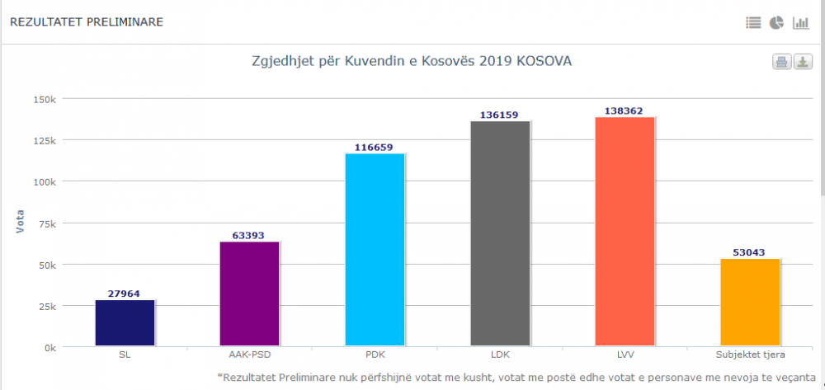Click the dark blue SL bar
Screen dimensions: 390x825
[125, 323]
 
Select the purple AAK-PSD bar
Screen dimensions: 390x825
[249, 294]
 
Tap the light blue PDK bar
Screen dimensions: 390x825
[375, 250]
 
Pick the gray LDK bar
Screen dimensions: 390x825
[500, 233]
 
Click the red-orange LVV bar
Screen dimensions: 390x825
[625, 232]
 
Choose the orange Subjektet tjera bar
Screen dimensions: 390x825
[750, 303]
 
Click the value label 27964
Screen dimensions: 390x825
[125, 294]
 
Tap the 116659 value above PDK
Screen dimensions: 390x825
[375, 148]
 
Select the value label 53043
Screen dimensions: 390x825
[750, 252]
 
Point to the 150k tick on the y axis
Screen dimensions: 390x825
[44, 99]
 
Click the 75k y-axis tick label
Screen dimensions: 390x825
[46, 223]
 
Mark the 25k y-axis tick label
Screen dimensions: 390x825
[46, 306]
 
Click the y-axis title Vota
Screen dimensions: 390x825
[21, 223]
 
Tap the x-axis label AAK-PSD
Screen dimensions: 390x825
[249, 355]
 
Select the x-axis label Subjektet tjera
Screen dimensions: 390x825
[750, 355]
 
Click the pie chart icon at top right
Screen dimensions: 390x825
[776, 23]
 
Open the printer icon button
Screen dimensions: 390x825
[781, 62]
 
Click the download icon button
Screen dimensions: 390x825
[803, 62]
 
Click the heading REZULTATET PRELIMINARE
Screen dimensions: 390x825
[86, 22]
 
